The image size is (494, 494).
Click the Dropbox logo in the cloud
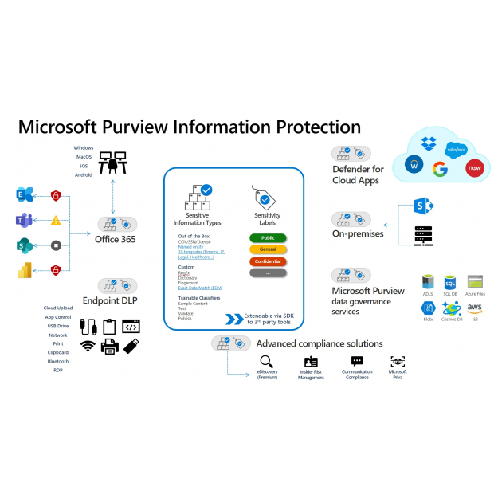coord(429,144)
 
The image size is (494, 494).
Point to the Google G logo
coord(440,169)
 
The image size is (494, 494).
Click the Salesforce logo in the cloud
coord(455,149)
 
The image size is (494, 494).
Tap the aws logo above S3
coord(476,308)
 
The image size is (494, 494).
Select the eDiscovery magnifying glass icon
coord(267,361)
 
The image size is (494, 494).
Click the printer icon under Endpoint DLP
coord(111,346)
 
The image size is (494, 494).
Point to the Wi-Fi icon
coord(88,346)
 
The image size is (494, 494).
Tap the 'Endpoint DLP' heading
coord(117,302)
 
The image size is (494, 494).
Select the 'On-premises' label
coord(358,233)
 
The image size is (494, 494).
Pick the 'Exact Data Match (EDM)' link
coord(200,288)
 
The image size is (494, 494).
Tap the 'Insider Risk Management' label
coord(311,374)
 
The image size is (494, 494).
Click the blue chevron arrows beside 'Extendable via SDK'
coord(233,320)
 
